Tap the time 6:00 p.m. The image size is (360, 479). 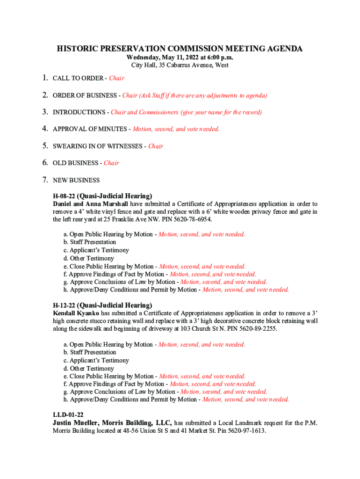click(x=217, y=57)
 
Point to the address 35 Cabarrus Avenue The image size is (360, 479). click(x=186, y=65)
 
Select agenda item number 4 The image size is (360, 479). click(x=45, y=129)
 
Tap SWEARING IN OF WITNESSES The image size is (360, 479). click(x=98, y=146)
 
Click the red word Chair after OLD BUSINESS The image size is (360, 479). click(x=111, y=163)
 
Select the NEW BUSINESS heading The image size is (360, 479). click(x=76, y=180)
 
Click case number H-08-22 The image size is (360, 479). click(x=64, y=196)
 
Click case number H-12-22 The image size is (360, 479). click(x=64, y=305)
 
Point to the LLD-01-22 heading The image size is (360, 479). click(x=68, y=415)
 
